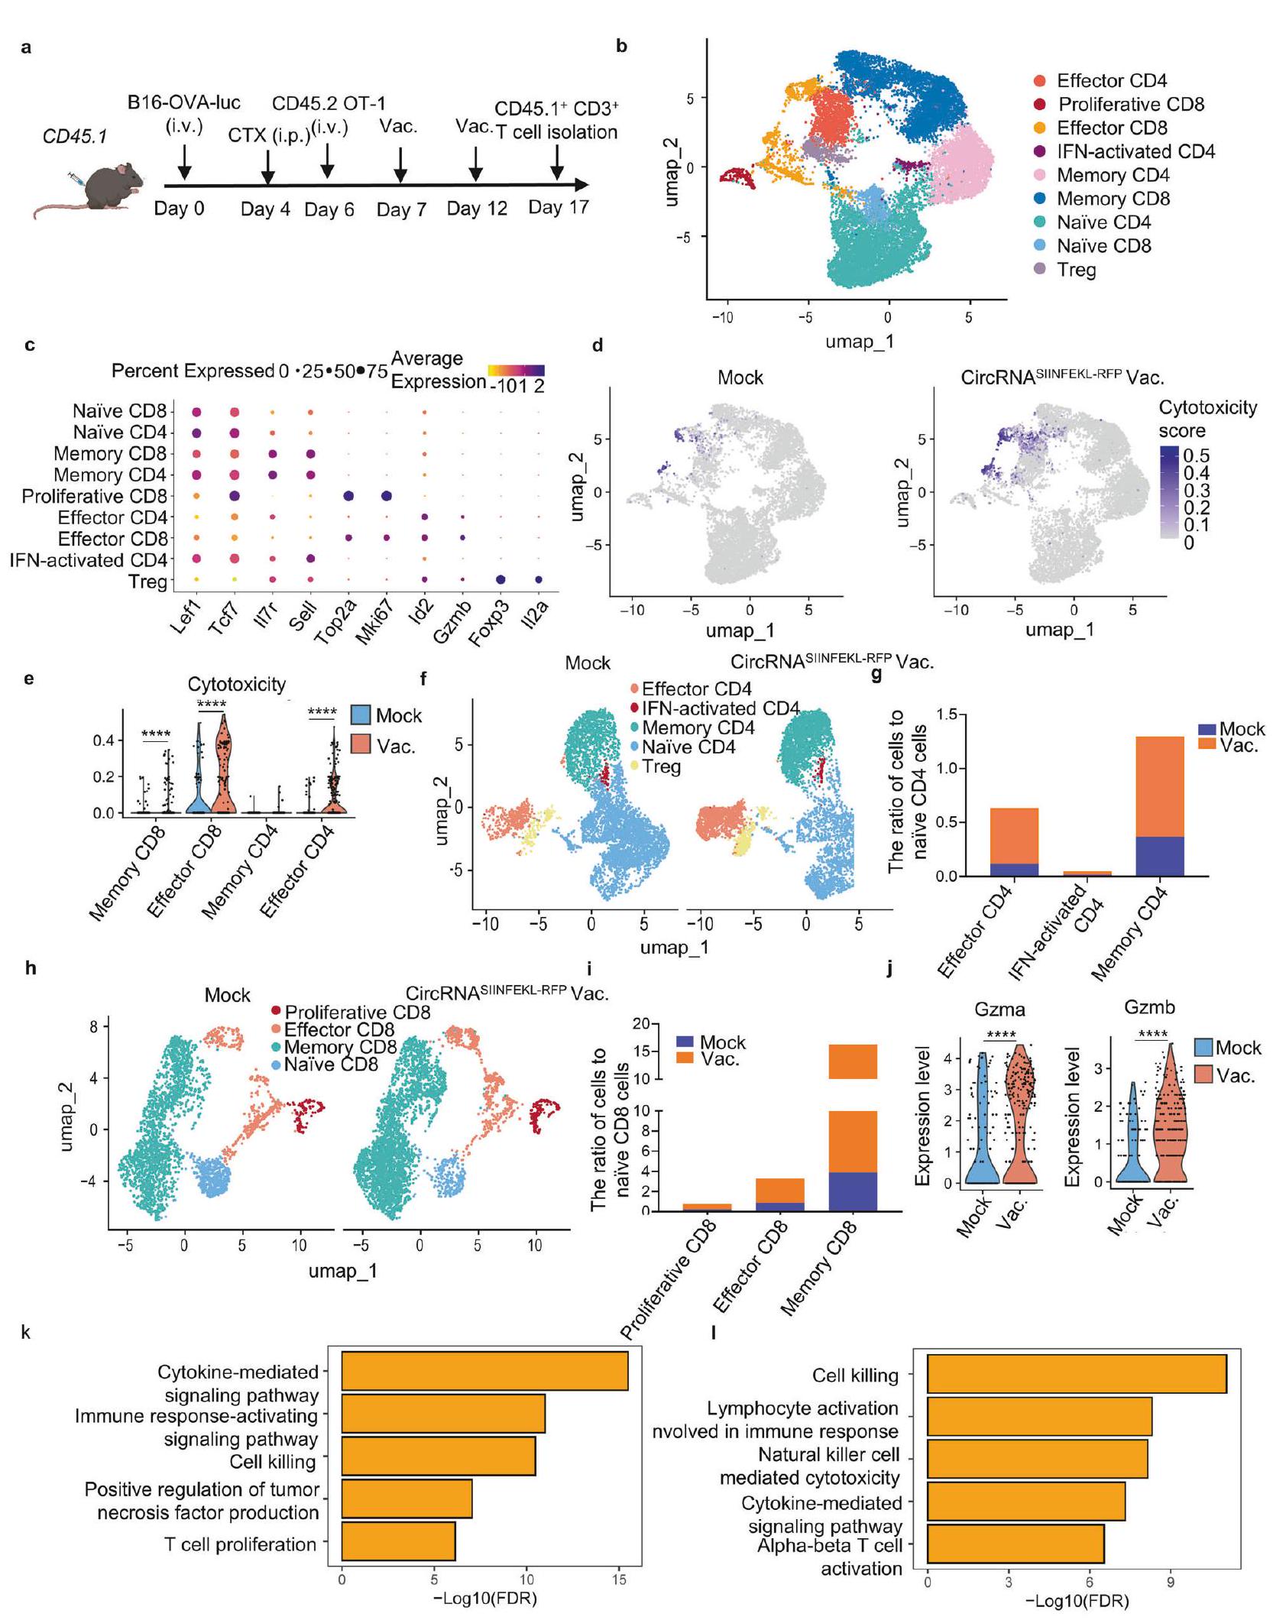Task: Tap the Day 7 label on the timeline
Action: coord(401,209)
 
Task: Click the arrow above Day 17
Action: coord(557,162)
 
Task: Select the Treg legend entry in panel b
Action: coord(1076,270)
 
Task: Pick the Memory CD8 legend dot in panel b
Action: coord(1040,199)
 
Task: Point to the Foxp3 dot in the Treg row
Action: coord(501,580)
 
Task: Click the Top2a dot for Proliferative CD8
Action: coord(348,496)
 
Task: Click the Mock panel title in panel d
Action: coord(740,377)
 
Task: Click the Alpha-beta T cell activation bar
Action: coord(1015,1554)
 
